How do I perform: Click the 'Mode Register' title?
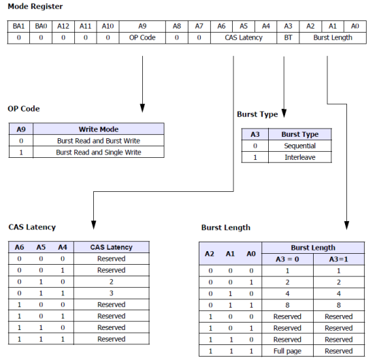[x=35, y=6]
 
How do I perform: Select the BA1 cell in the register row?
[x=18, y=27]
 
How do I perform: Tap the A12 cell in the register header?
[x=63, y=27]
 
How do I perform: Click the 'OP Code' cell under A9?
[x=142, y=37]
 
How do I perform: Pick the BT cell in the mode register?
[x=288, y=37]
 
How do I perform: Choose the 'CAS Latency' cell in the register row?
[x=244, y=37]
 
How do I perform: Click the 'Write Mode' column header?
[x=99, y=129]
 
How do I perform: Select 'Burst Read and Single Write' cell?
[x=99, y=152]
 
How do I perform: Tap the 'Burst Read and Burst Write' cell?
[x=99, y=141]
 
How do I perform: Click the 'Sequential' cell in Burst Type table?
[x=300, y=146]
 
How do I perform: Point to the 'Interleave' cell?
[x=300, y=157]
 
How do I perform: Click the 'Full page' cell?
[x=287, y=351]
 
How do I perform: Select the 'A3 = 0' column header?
[x=287, y=259]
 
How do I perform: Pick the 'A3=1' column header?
[x=339, y=259]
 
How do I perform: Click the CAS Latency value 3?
[x=112, y=293]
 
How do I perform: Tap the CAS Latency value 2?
[x=112, y=282]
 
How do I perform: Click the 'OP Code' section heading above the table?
[x=24, y=109]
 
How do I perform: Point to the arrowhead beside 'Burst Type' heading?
[x=284, y=113]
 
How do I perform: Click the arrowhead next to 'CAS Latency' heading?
[x=93, y=225]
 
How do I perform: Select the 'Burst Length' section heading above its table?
[x=226, y=227]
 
